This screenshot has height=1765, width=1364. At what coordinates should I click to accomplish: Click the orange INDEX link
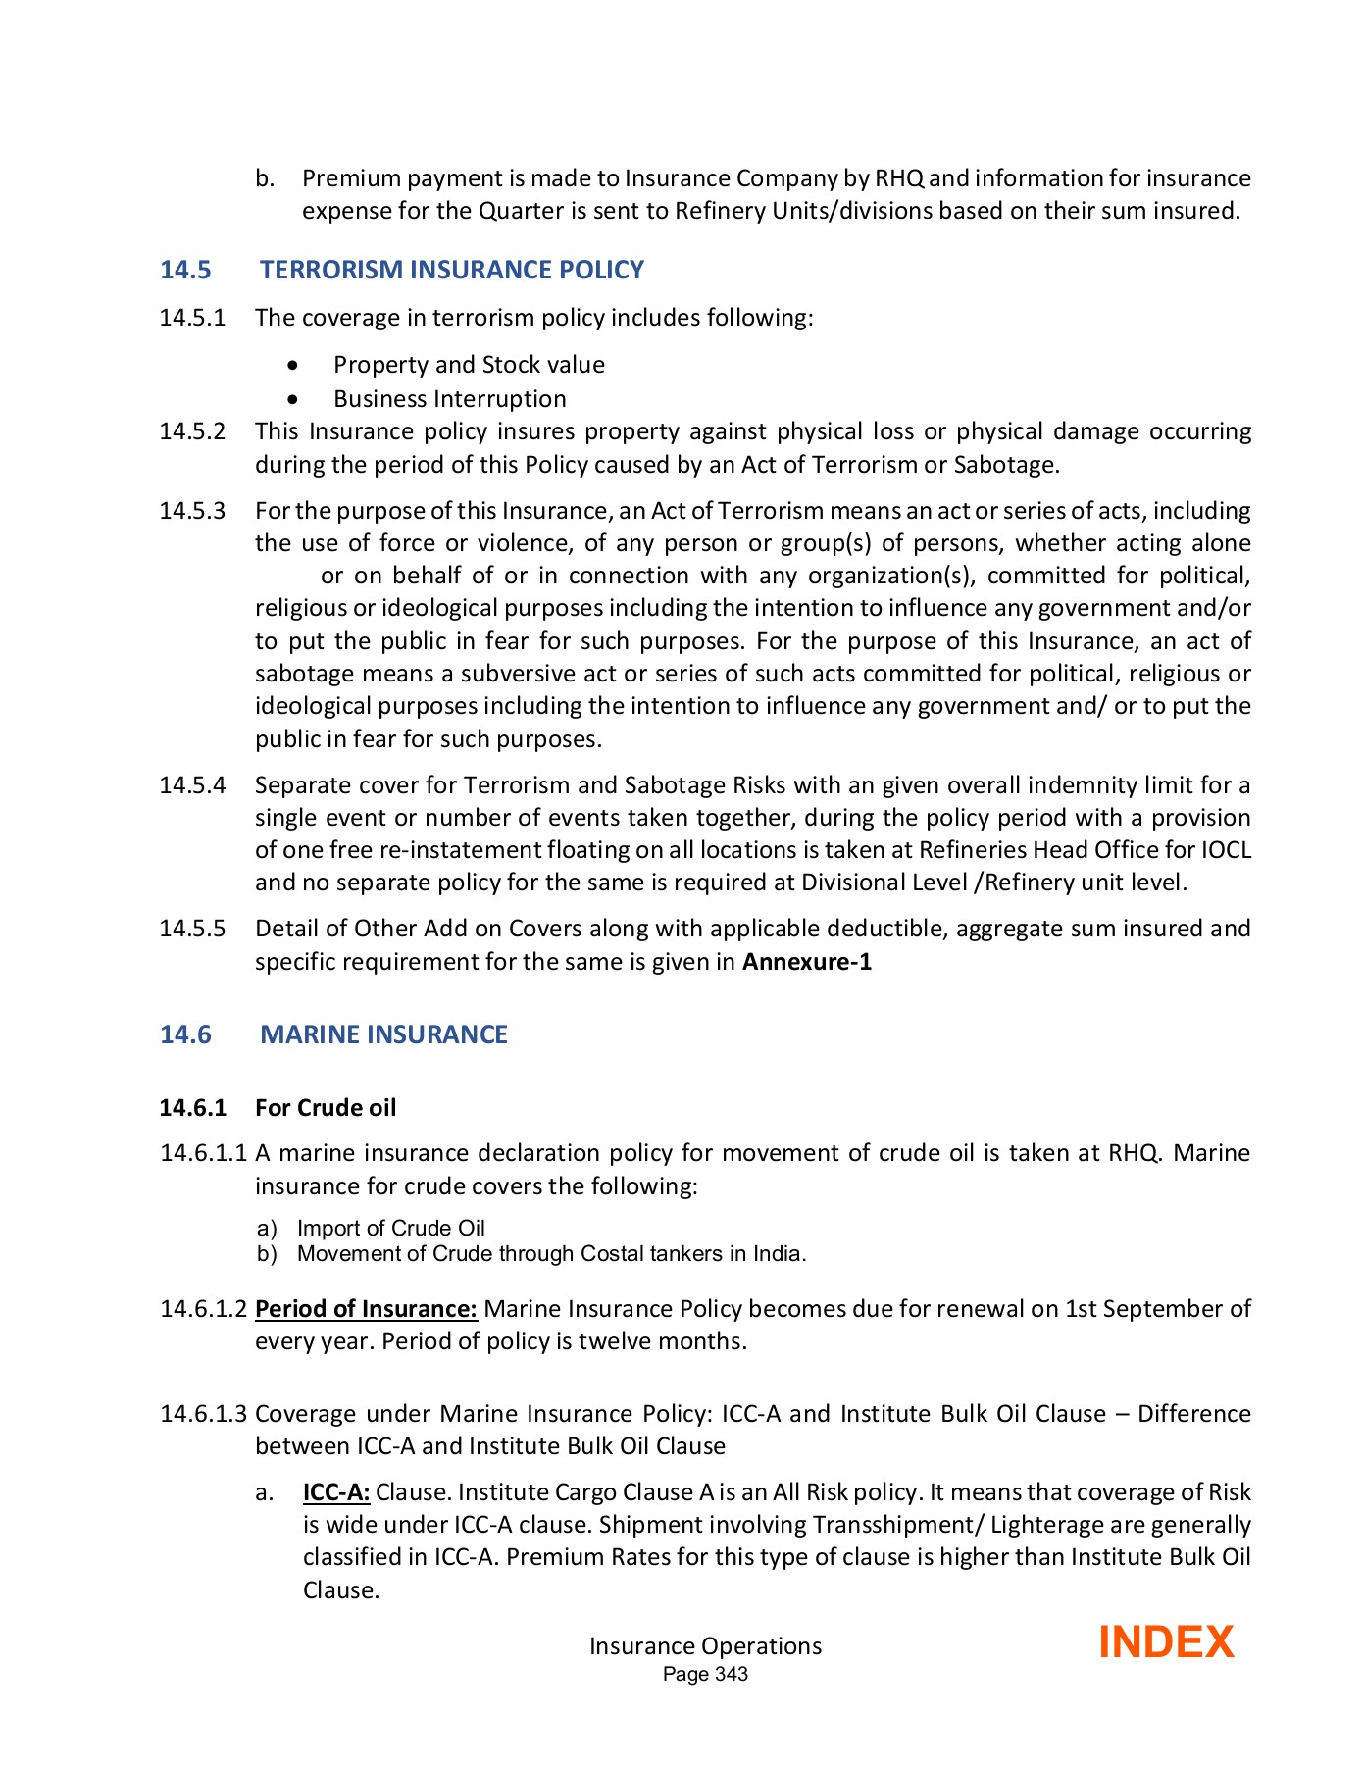pyautogui.click(x=1165, y=1642)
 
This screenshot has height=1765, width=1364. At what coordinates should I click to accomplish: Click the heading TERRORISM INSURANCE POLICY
pyautogui.click(x=451, y=270)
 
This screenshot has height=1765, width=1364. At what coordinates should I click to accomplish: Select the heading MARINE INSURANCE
pyautogui.click(x=383, y=1034)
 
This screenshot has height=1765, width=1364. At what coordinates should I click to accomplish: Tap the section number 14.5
pyautogui.click(x=185, y=270)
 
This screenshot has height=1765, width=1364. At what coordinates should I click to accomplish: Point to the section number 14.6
pyautogui.click(x=185, y=1034)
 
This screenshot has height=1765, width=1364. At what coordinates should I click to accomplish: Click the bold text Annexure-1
pyautogui.click(x=806, y=961)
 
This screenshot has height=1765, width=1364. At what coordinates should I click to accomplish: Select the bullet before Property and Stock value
pyautogui.click(x=293, y=366)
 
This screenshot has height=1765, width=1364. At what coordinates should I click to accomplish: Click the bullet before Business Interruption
pyautogui.click(x=293, y=400)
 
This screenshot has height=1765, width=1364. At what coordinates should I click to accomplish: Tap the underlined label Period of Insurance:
pyautogui.click(x=366, y=1309)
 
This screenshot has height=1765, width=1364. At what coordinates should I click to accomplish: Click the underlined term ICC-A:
pyautogui.click(x=335, y=1492)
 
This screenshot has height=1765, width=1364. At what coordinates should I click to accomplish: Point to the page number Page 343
pyautogui.click(x=705, y=1675)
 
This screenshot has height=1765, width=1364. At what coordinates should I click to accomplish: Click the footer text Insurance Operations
pyautogui.click(x=705, y=1646)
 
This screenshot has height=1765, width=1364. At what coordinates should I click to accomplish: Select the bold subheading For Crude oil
pyautogui.click(x=326, y=1108)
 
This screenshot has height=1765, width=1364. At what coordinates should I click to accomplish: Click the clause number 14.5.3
pyautogui.click(x=192, y=511)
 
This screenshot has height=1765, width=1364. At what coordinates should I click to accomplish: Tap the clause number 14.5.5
pyautogui.click(x=192, y=929)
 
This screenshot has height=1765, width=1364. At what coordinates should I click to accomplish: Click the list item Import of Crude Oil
pyautogui.click(x=390, y=1229)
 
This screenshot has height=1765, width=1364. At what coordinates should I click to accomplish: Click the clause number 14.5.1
pyautogui.click(x=192, y=318)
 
